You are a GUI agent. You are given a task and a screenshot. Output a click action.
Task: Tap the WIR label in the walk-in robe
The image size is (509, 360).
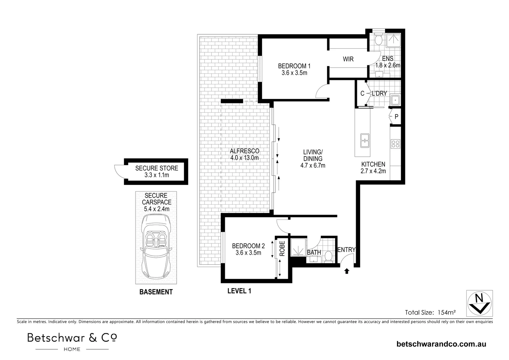[348, 59]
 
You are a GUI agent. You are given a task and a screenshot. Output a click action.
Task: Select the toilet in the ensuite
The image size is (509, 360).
[378, 40]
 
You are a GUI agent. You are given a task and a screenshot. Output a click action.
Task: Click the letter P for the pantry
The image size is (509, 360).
[396, 117]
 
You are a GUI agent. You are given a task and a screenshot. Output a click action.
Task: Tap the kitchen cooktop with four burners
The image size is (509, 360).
[395, 144]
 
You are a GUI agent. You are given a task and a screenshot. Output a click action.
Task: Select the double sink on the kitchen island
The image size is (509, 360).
[364, 140]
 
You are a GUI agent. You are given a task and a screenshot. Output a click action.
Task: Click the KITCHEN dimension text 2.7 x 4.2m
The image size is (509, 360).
[373, 171]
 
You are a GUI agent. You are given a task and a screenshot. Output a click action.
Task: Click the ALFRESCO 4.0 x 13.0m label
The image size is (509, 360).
[245, 154]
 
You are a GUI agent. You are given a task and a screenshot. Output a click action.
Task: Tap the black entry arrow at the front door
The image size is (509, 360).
[346, 271]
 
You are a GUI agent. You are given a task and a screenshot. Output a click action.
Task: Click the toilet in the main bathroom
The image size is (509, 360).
[328, 256]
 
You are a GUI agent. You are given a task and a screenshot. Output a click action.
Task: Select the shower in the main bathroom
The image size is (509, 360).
[297, 248]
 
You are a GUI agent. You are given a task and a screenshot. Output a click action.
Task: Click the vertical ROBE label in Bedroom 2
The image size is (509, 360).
[282, 248]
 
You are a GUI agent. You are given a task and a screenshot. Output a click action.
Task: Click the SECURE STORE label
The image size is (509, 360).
[157, 168]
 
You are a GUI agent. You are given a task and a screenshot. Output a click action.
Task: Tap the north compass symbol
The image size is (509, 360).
[479, 303]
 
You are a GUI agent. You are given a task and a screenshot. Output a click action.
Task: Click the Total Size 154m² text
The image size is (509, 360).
[430, 312]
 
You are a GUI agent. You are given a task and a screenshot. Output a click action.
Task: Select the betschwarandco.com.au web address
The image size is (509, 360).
[441, 344]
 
